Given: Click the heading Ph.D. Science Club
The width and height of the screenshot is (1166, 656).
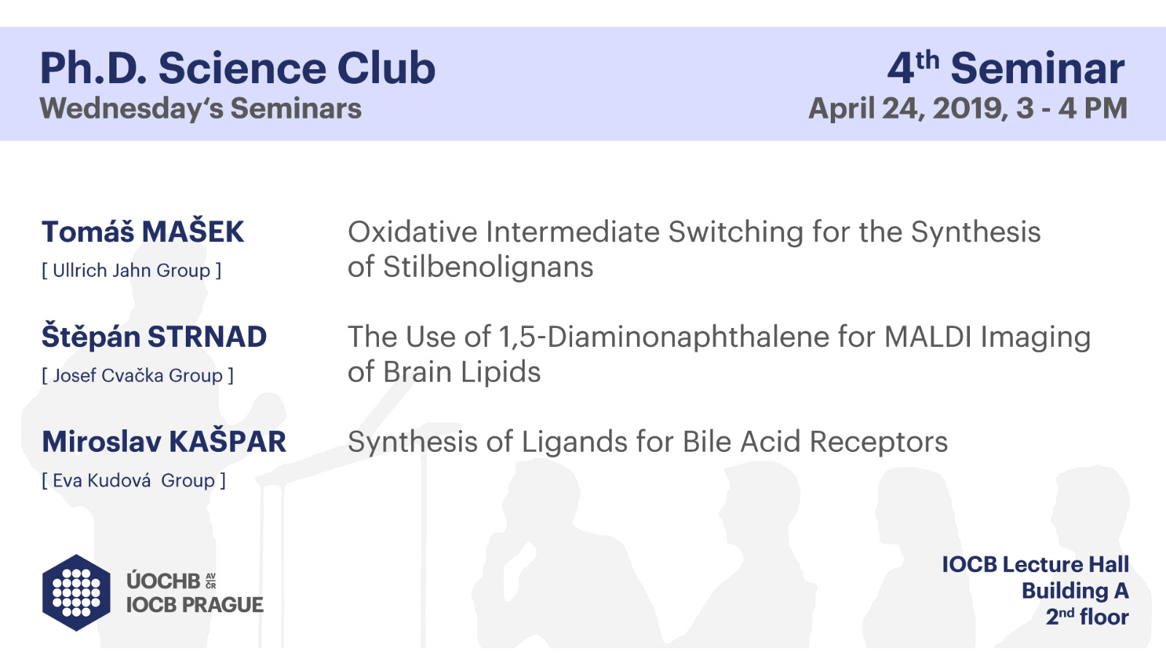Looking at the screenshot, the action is coord(238,69).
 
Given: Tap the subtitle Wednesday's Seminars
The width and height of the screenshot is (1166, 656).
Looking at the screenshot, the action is coord(200,109).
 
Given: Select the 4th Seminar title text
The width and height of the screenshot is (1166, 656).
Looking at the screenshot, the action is coord(1006,69).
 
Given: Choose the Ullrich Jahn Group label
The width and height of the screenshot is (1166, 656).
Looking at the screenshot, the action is coord(131,270).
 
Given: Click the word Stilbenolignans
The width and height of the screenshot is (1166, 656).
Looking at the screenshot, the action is coord(488,267).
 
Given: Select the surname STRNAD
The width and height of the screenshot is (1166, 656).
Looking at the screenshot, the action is coord(207,337).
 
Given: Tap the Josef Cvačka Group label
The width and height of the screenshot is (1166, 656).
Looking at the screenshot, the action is coord(138,375).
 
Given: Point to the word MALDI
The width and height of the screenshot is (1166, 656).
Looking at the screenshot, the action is coord(928,337).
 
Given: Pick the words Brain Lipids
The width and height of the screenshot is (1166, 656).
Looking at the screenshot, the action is coord(462,372).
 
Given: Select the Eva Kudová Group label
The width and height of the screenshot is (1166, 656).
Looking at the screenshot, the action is coord(134,480).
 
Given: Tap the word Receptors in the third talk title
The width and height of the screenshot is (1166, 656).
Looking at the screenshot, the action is coord(879,442).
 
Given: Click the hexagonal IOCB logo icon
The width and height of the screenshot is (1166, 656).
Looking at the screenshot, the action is coord(77,593).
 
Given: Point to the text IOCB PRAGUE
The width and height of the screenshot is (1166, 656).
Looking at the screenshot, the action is coord(195,605).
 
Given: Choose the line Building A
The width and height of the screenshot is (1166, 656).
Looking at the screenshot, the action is coord(1075,591).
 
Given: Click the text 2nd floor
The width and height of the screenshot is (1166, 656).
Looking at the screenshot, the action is coord(1087,617).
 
